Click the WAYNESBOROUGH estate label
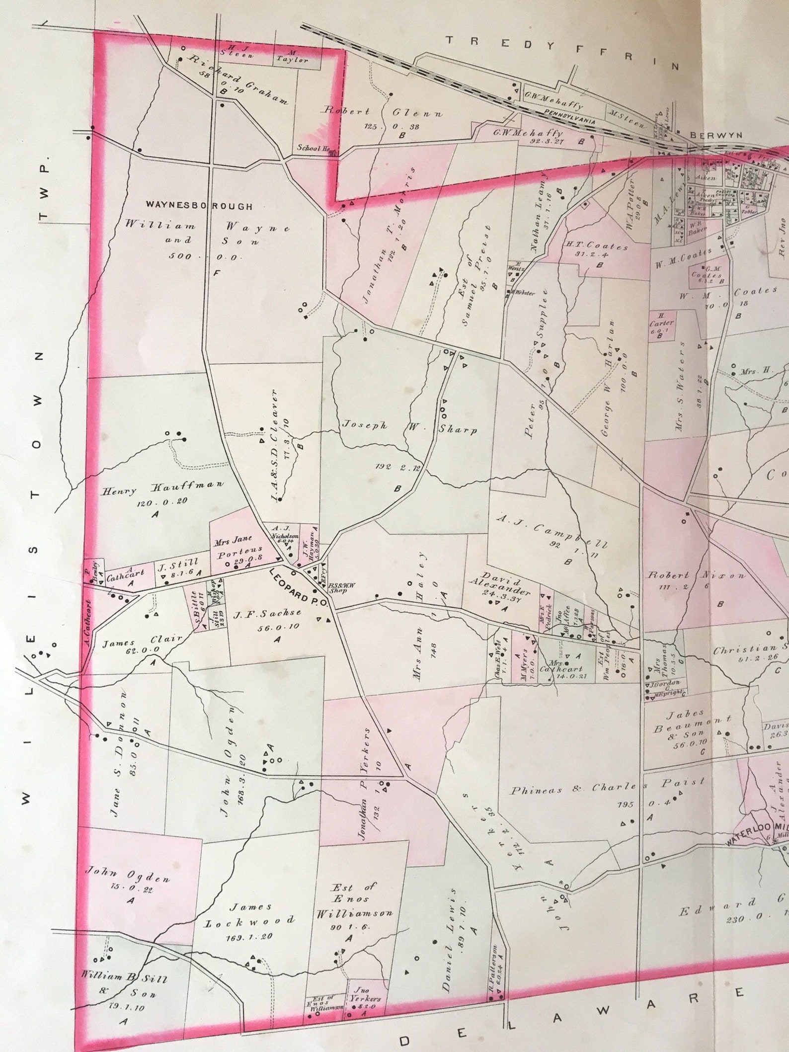pyautogui.click(x=199, y=206)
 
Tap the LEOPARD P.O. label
pyautogui.click(x=297, y=587)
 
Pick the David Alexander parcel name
pyautogui.click(x=500, y=586)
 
